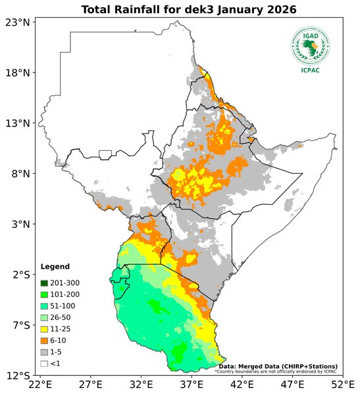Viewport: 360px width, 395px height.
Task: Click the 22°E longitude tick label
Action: click(x=40, y=385)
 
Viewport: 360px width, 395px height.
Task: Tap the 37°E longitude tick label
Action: click(x=192, y=385)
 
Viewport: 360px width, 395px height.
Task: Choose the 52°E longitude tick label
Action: click(x=342, y=385)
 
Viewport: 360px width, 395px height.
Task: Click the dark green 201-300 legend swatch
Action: click(x=44, y=282)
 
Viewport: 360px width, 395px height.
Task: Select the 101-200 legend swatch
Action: click(x=44, y=294)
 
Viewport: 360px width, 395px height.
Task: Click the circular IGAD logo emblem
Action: click(x=311, y=45)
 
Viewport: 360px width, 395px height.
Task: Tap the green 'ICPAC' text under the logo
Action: click(x=311, y=70)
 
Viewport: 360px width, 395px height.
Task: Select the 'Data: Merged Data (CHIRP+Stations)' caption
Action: click(x=278, y=366)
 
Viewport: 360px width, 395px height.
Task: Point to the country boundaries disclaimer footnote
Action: click(x=275, y=371)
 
